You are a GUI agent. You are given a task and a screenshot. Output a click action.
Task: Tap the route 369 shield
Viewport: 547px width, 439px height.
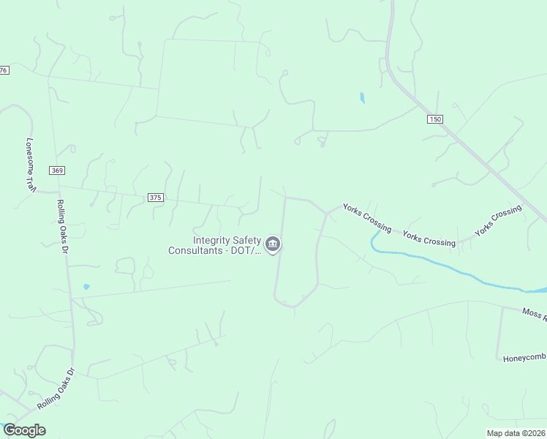pyautogui.click(x=58, y=170)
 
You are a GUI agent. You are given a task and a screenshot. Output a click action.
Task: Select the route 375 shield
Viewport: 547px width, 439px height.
pyautogui.click(x=155, y=198)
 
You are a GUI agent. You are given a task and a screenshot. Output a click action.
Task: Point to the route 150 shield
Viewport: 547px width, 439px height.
pyautogui.click(x=436, y=119)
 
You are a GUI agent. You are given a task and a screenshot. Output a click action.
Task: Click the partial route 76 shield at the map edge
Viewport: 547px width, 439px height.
pyautogui.click(x=4, y=70)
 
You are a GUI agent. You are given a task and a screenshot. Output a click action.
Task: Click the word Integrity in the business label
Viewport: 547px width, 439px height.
pyautogui.click(x=212, y=240)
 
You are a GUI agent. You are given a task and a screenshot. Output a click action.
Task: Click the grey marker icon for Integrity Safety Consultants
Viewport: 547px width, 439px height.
pyautogui.click(x=273, y=244)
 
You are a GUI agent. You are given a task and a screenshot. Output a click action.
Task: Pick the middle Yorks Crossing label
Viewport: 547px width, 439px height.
pyautogui.click(x=429, y=239)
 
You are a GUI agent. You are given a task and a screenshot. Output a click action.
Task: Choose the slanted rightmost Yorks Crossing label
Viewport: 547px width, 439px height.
pyautogui.click(x=498, y=220)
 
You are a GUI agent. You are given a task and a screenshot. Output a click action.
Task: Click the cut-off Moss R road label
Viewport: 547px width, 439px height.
pyautogui.click(x=534, y=314)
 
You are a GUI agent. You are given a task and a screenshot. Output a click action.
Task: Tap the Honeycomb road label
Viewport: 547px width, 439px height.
pyautogui.click(x=524, y=357)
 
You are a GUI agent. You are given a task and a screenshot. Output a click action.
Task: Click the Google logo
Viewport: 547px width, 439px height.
pyautogui.click(x=24, y=430)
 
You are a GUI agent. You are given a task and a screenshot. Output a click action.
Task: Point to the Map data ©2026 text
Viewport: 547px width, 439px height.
pyautogui.click(x=516, y=433)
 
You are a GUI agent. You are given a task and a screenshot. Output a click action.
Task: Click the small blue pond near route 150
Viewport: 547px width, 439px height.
pyautogui.click(x=362, y=97)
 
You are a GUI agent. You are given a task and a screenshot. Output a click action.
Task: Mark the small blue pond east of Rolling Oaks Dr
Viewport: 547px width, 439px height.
pyautogui.click(x=86, y=287)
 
